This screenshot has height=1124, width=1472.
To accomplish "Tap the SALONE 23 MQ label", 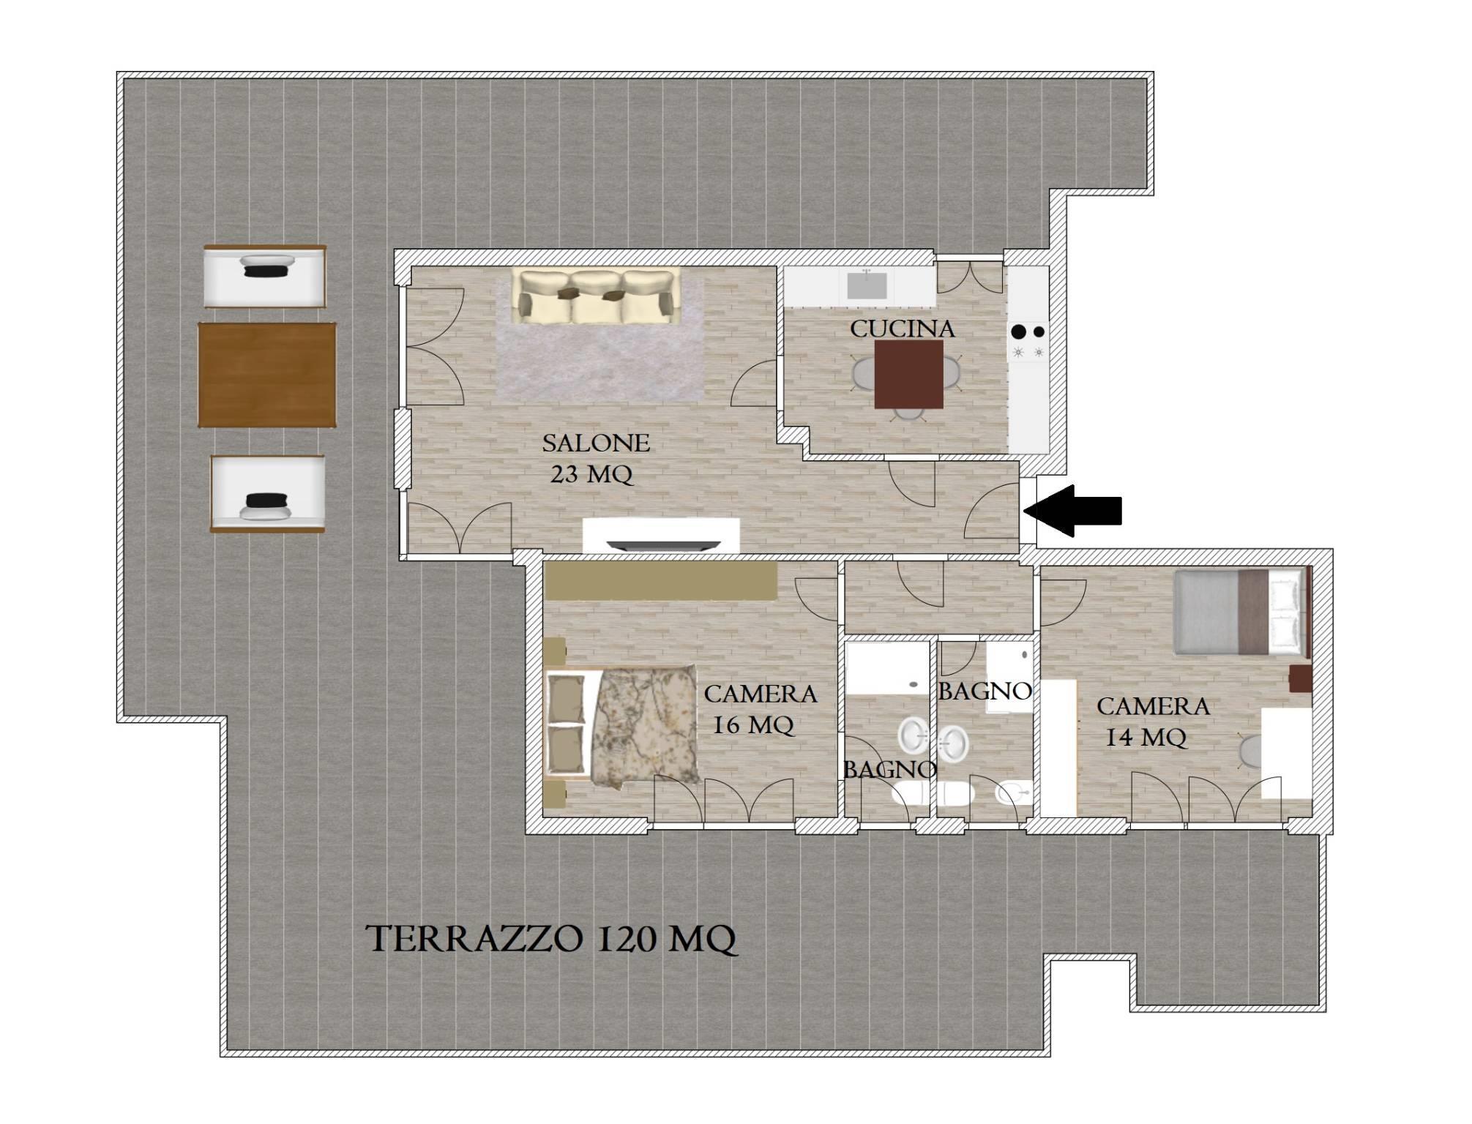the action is pyautogui.click(x=594, y=459).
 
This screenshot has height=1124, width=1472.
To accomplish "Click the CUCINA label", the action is pyautogui.click(x=903, y=329).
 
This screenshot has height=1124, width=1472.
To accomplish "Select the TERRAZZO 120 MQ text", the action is pyautogui.click(x=552, y=939).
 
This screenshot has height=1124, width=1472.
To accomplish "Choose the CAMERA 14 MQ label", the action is pyautogui.click(x=1153, y=722).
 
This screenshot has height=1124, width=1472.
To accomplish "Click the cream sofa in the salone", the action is pyautogui.click(x=595, y=296).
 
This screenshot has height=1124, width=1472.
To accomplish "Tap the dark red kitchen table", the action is pyautogui.click(x=909, y=375).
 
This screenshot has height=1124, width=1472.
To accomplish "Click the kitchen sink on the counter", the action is pyautogui.click(x=867, y=285).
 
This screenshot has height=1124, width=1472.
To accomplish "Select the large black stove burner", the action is pyautogui.click(x=1018, y=331).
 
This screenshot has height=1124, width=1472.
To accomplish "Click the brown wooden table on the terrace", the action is pyautogui.click(x=267, y=375).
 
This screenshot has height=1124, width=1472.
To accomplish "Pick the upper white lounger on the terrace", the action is pyautogui.click(x=264, y=276).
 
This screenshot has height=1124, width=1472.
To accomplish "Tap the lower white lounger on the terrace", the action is pyautogui.click(x=267, y=493).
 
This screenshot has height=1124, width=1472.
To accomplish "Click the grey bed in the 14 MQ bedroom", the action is pyautogui.click(x=1240, y=612).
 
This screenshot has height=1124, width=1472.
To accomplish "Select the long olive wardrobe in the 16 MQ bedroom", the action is pyautogui.click(x=660, y=581).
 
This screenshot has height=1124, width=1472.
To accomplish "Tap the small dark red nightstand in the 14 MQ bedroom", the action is pyautogui.click(x=1300, y=678).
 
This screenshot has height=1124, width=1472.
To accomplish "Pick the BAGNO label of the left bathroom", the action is pyautogui.click(x=889, y=769).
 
